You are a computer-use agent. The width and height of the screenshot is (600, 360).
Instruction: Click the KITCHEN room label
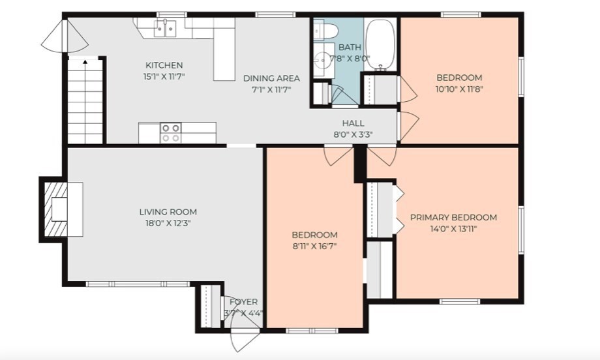tap(164, 65)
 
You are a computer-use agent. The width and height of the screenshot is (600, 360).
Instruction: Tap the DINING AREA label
tap(271, 78)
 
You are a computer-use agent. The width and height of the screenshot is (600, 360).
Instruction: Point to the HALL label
tap(353, 123)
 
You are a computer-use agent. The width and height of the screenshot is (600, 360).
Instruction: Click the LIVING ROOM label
tap(168, 212)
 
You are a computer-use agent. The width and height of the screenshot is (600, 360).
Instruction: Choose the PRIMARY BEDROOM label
tap(453, 217)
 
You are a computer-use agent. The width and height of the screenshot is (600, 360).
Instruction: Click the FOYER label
tap(243, 302)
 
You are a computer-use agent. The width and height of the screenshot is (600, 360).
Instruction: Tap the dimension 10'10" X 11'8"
tap(459, 89)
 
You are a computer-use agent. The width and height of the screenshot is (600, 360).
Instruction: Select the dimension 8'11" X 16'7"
tap(314, 246)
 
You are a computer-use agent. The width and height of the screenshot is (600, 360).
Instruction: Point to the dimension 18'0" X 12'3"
tap(168, 223)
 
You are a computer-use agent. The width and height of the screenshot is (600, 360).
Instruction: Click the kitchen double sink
tap(165, 29)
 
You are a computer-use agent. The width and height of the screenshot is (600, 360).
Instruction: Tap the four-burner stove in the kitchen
tap(171, 133)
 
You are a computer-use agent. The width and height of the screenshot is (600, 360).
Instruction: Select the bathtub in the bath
tap(380, 44)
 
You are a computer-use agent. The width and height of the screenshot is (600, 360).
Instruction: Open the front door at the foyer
tap(245, 336)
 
